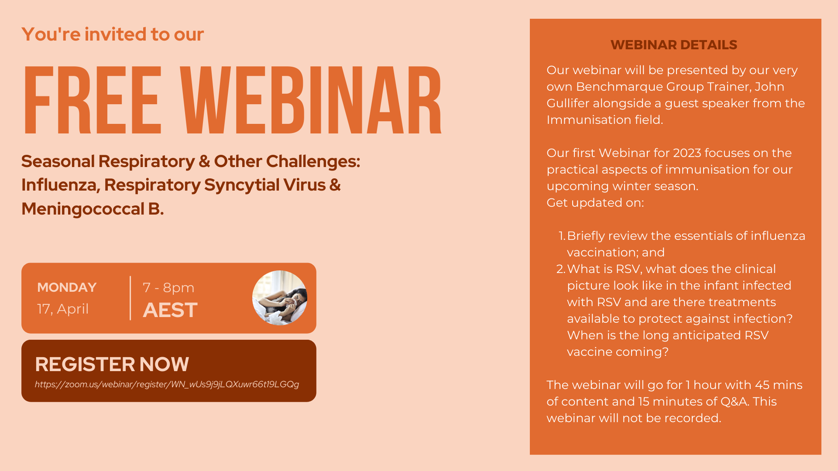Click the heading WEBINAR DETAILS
(x=673, y=45)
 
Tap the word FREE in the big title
(x=93, y=100)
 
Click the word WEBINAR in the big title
(x=311, y=100)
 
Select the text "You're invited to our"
(x=113, y=34)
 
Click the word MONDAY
(x=67, y=287)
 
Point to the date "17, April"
(x=63, y=309)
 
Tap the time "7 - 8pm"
(x=168, y=288)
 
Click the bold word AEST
(x=170, y=310)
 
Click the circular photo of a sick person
(x=280, y=298)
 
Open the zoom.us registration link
(x=167, y=384)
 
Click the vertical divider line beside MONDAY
(x=130, y=298)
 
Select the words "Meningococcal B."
(x=93, y=209)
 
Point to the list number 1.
(x=562, y=236)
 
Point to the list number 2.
(x=561, y=269)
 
